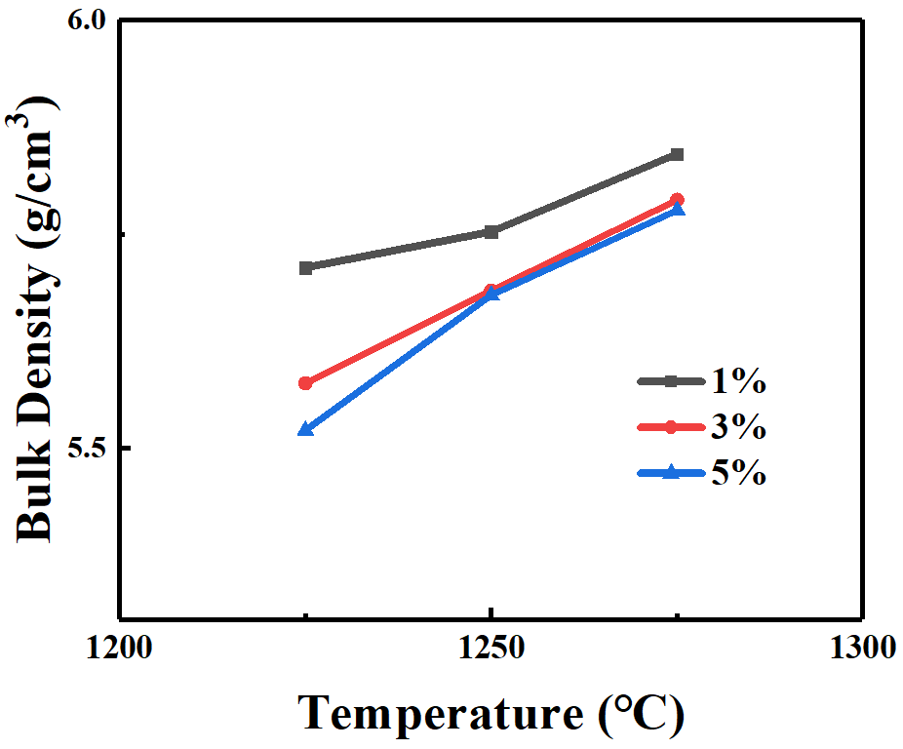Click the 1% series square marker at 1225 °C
tap(305, 268)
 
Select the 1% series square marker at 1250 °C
tap(491, 231)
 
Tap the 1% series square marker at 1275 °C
tap(678, 154)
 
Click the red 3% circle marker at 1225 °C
tap(305, 383)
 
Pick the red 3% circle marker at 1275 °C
tap(678, 200)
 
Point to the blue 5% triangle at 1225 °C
tap(305, 429)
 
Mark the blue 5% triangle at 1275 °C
tap(678, 210)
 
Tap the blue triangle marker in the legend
tap(671, 473)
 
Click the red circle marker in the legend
tap(671, 427)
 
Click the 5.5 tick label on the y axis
tap(85, 449)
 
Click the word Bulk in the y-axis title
tap(37, 499)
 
